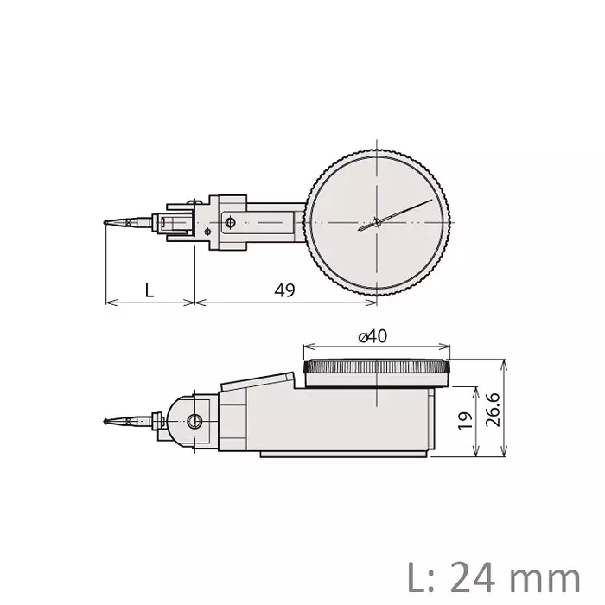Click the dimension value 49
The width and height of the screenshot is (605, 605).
[284, 290]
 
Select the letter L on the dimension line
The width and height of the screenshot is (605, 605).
[149, 290]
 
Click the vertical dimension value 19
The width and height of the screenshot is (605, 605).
[465, 421]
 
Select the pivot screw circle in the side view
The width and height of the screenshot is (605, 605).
[194, 421]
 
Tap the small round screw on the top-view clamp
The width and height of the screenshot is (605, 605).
[230, 222]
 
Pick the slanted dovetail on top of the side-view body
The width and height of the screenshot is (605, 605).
[256, 380]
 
